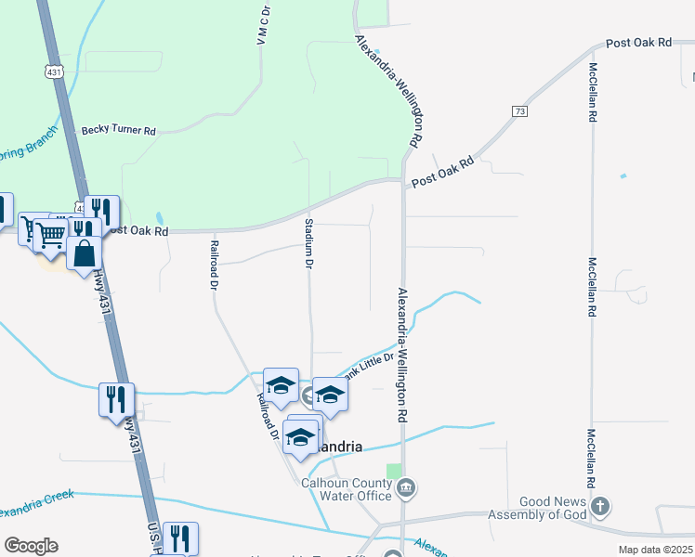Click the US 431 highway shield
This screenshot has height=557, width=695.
coord(55,71)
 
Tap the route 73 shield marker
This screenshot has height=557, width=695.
coord(518,110)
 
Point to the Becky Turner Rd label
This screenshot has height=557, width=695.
coord(118,131)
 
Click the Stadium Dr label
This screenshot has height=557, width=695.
coord(308,243)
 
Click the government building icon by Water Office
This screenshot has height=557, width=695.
coord(406,487)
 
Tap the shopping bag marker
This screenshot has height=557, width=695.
coord(84,253)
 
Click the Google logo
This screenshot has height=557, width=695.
coord(31,546)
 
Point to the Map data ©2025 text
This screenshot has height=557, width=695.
coord(656,550)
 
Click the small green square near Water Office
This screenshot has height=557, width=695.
coord(395,471)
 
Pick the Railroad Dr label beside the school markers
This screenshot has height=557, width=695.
coord(267,415)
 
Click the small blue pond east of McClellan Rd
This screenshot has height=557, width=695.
coord(623,175)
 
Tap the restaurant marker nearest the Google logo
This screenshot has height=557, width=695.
coord(179,538)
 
